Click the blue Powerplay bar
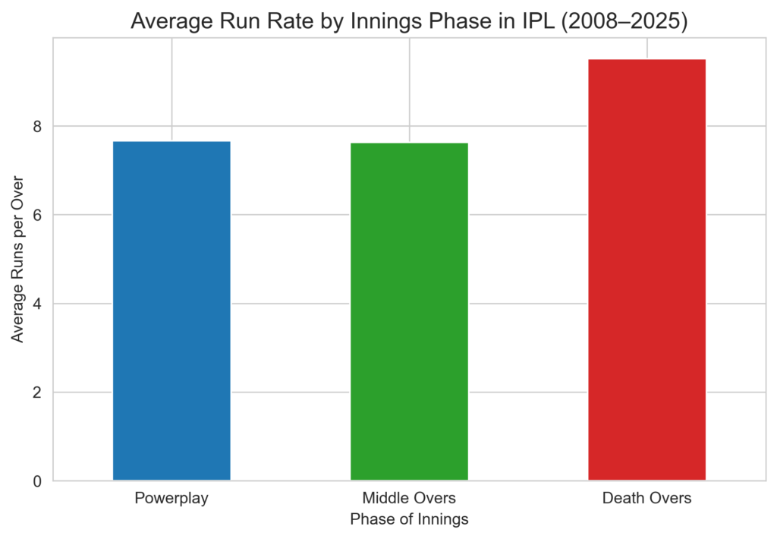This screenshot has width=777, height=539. [x=171, y=310]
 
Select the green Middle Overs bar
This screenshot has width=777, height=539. [x=409, y=311]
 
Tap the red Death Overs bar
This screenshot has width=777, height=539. [x=646, y=269]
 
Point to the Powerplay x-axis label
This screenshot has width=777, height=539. [x=171, y=499]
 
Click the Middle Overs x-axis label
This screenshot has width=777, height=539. [x=409, y=499]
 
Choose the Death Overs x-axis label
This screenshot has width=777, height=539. [x=646, y=499]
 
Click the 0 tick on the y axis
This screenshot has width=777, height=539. [x=37, y=481]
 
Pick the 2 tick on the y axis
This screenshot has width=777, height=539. [x=37, y=392]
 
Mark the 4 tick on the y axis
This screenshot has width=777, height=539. [x=37, y=304]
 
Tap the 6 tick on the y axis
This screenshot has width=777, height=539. [x=37, y=215]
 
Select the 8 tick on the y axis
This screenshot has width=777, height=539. [x=37, y=126]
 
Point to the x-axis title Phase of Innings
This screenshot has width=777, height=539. [x=409, y=520]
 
